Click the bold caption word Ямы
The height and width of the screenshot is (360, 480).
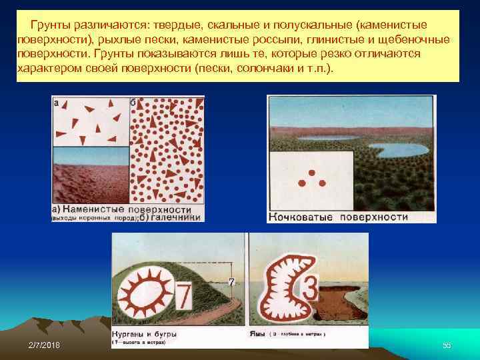click(x=257, y=333)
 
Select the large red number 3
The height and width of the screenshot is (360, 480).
click(x=310, y=289)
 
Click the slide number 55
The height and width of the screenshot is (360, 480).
click(x=447, y=345)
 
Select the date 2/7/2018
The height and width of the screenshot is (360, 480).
click(x=44, y=345)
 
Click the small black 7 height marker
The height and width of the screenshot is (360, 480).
click(x=231, y=282)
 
